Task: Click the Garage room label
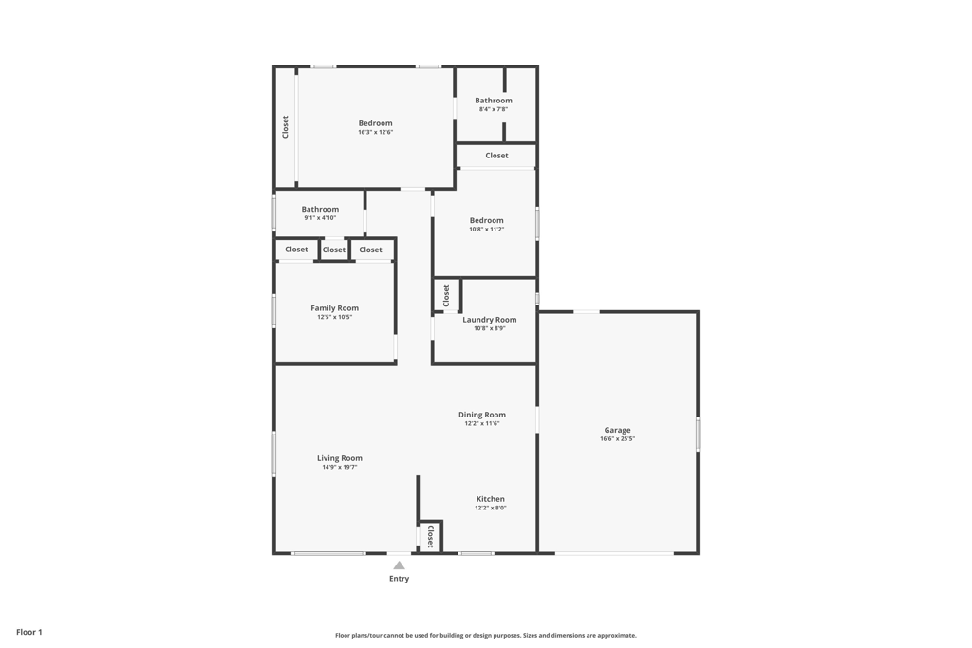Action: tap(617, 430)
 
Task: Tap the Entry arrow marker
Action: tap(399, 565)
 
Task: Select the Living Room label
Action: tap(340, 458)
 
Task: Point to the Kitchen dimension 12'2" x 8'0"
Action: tap(491, 508)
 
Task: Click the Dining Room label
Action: tap(482, 415)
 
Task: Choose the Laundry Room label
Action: tap(490, 320)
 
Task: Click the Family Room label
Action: tap(334, 308)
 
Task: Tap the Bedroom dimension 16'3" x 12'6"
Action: tap(375, 132)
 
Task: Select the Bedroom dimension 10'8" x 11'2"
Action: tap(486, 229)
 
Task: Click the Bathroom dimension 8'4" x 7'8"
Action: tap(494, 109)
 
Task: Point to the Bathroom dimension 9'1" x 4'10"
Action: tap(320, 217)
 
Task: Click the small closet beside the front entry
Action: tap(430, 537)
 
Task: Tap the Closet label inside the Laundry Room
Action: tap(446, 295)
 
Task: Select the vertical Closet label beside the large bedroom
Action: tap(285, 127)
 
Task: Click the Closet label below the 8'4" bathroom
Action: tap(496, 156)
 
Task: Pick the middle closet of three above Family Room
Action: tap(334, 250)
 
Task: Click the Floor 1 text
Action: tap(29, 632)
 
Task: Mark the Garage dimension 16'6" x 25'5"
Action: tap(617, 438)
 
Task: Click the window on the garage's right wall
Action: tap(698, 434)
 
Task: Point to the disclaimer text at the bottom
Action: tap(486, 636)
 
